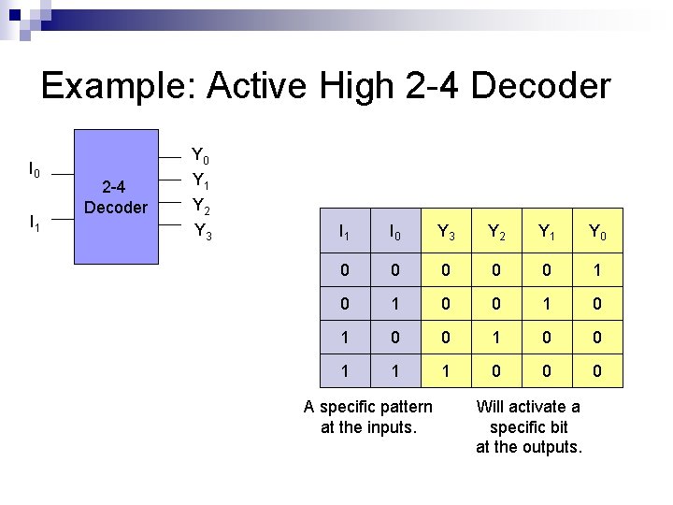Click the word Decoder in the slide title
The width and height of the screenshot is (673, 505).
click(541, 86)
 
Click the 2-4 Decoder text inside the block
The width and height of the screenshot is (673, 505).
click(115, 196)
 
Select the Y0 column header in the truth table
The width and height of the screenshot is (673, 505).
click(597, 232)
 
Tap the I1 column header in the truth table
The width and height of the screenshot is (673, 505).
click(344, 232)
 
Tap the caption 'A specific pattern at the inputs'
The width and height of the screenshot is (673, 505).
click(368, 417)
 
